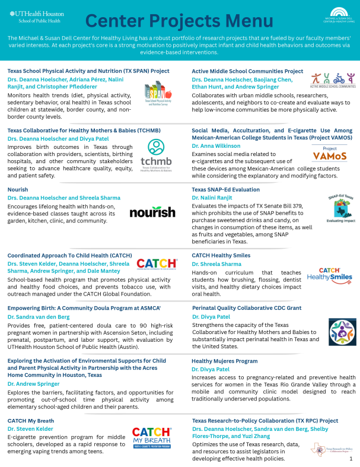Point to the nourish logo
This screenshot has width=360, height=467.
[x=152, y=212]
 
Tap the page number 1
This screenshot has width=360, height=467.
[x=351, y=459]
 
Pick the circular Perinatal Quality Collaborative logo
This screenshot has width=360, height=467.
[x=340, y=331]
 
